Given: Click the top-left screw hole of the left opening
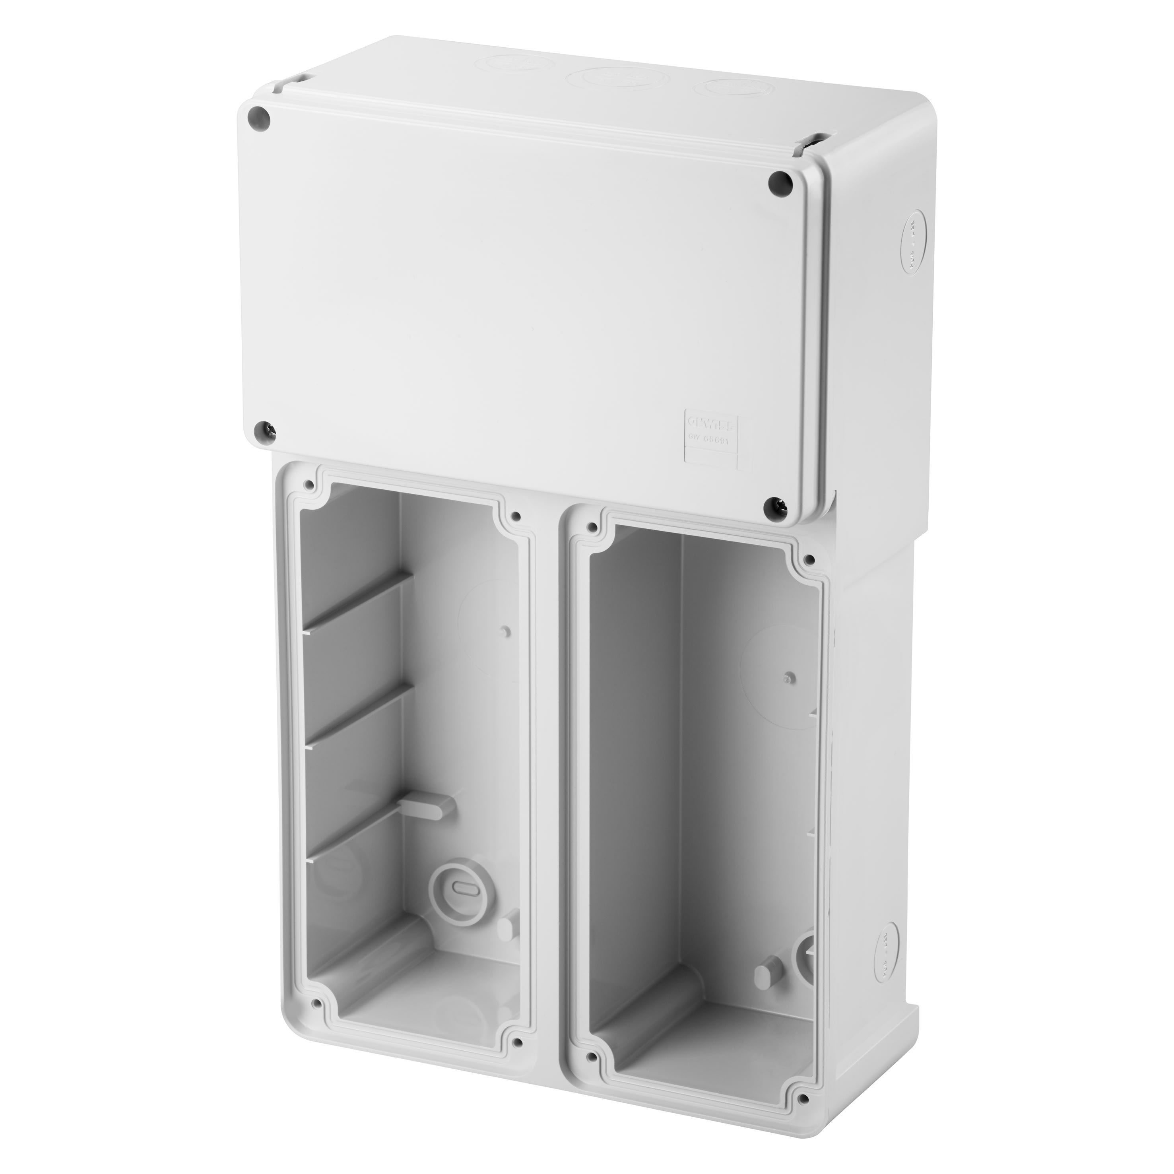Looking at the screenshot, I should coord(310,485).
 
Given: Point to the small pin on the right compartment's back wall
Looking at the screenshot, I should coord(788,678).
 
